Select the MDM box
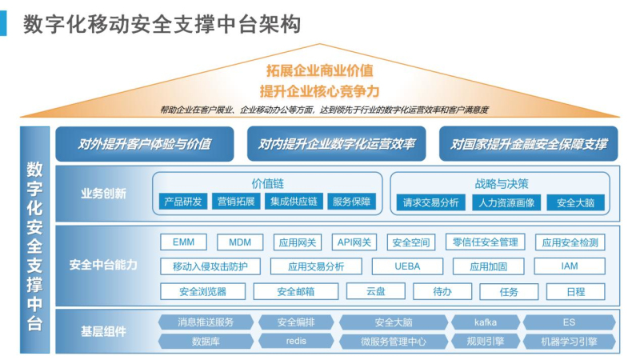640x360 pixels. [240, 242]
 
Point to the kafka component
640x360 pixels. [486, 322]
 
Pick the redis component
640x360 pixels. [296, 341]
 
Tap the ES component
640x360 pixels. [570, 322]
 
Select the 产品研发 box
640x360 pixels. [182, 202]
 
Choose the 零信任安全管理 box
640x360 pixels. [485, 242]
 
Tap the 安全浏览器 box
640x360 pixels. [202, 291]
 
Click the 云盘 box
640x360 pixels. [376, 291]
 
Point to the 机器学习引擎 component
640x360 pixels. [570, 341]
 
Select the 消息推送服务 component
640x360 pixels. [206, 322]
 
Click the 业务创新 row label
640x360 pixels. [103, 193]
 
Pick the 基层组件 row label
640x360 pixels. [103, 331]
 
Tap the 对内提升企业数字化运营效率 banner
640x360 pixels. [337, 145]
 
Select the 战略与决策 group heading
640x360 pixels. [502, 182]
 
